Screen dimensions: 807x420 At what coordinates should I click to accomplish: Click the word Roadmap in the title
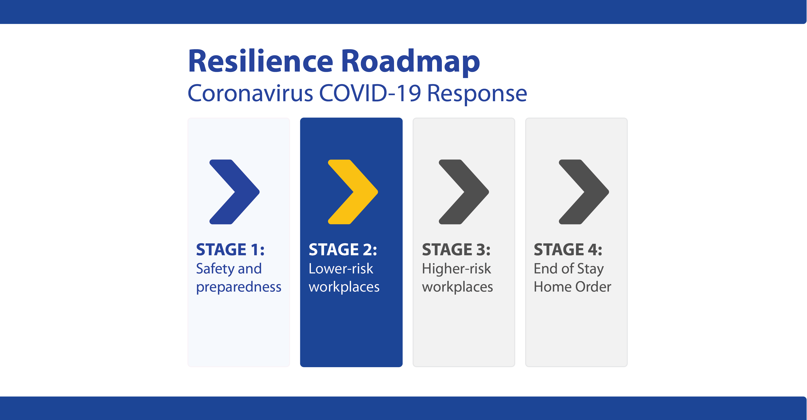410,63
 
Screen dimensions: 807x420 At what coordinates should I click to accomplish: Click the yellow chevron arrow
353,192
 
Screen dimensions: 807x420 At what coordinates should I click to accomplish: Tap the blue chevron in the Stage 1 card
234,192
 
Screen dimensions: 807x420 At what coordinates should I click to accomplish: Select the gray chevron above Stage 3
464,192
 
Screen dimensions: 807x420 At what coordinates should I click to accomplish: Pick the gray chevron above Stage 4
584,192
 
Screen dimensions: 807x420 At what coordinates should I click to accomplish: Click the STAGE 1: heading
230,250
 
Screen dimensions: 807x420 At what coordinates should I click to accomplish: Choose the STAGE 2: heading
343,250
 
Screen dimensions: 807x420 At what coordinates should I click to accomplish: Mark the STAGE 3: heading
456,250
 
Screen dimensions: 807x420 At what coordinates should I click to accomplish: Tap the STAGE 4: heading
568,250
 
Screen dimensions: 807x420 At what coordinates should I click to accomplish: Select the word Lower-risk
341,268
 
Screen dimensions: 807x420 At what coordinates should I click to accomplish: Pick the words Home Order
572,287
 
